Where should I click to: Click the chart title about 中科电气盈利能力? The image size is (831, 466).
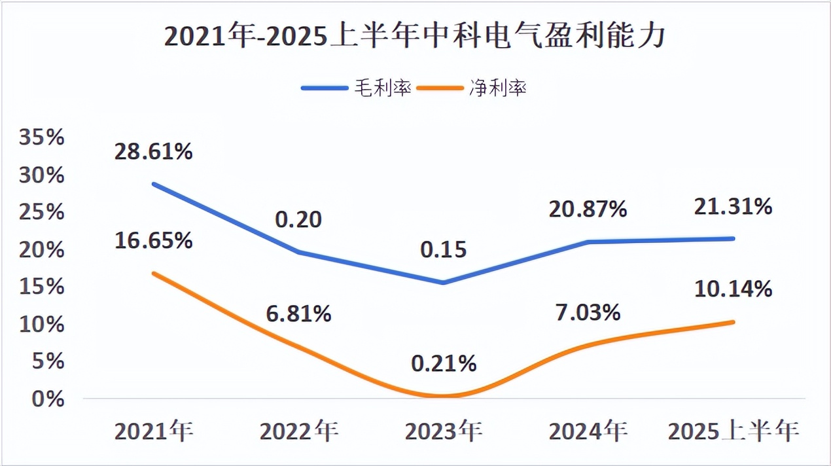(x=415, y=37)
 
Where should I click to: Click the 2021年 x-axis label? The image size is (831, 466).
(x=154, y=431)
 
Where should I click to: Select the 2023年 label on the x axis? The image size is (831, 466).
(x=444, y=431)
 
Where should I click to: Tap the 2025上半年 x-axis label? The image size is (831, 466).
(x=734, y=431)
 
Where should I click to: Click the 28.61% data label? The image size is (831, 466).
(x=153, y=152)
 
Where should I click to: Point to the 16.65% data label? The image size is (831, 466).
(x=153, y=240)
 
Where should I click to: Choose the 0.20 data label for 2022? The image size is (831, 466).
(x=298, y=219)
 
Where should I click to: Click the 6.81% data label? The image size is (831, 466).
(x=298, y=314)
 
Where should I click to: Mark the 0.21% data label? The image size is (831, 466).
(x=444, y=363)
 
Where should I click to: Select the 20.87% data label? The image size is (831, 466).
(x=588, y=209)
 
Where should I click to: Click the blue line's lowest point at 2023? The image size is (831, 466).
(x=444, y=283)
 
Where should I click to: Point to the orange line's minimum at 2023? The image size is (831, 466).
(x=444, y=396)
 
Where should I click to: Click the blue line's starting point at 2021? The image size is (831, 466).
(x=153, y=184)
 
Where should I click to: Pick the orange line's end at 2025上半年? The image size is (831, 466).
(x=734, y=322)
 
